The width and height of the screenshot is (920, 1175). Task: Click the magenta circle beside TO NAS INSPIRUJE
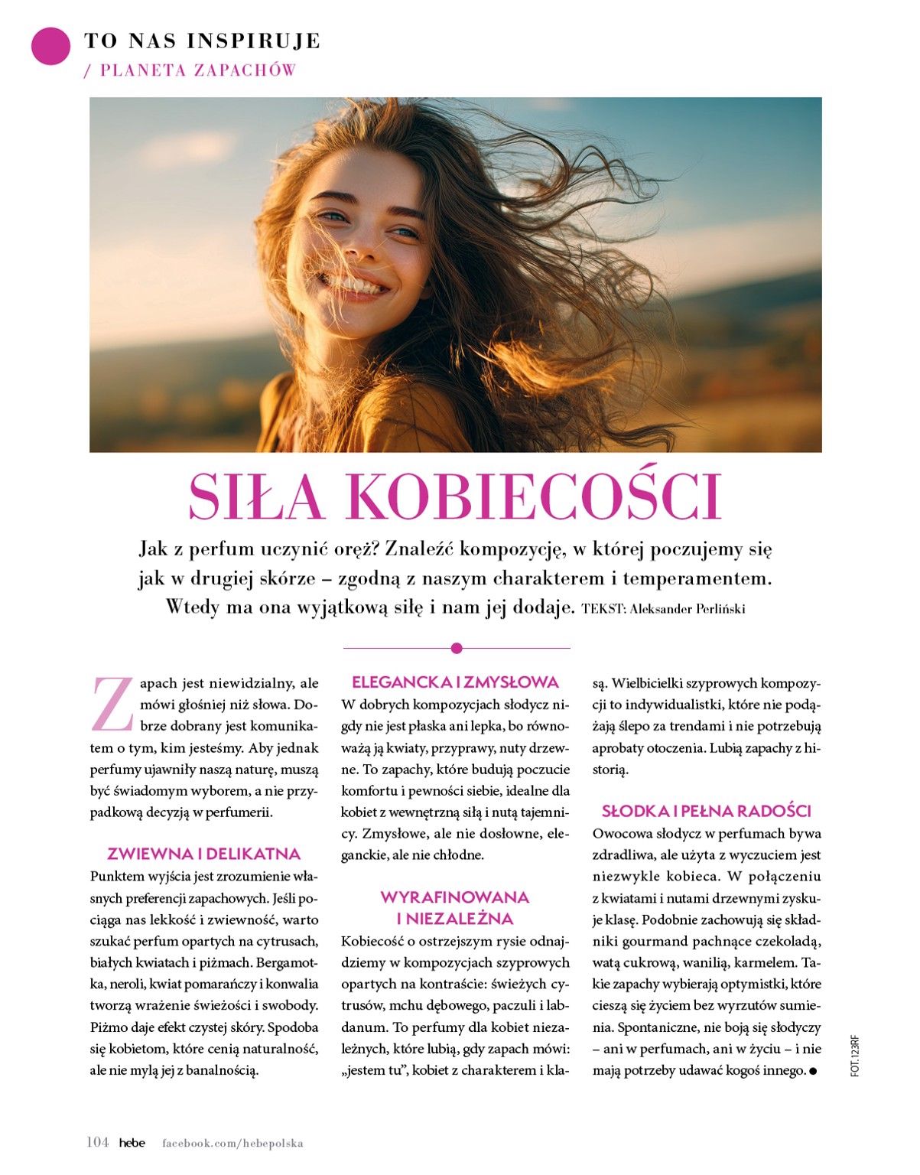(50, 46)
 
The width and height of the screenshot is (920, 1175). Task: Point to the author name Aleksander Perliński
(688, 610)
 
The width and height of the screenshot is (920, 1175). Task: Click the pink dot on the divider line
(457, 649)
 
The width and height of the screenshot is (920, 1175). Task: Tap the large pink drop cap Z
(112, 704)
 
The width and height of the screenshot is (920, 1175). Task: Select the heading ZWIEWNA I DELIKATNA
(204, 854)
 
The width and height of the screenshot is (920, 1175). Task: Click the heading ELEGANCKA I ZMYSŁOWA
(455, 682)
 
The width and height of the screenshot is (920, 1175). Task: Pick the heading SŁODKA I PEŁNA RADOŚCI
(706, 811)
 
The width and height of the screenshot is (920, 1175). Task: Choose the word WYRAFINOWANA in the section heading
(455, 897)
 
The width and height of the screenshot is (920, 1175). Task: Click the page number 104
(97, 1143)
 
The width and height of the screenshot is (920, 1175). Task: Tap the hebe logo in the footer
(132, 1143)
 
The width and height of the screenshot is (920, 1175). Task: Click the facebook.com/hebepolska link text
(232, 1144)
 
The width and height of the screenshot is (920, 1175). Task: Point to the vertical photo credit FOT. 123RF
(855, 1056)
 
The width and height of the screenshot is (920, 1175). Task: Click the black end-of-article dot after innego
(813, 1071)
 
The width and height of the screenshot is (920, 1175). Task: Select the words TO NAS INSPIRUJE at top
(202, 41)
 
